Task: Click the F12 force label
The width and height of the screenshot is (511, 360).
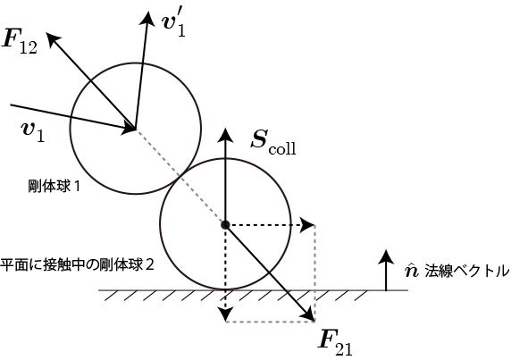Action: pyautogui.click(x=19, y=42)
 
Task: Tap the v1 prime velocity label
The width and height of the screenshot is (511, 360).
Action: pyautogui.click(x=173, y=25)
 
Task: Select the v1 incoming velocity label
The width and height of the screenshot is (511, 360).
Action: pyautogui.click(x=33, y=131)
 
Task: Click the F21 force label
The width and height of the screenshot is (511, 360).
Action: pyautogui.click(x=335, y=343)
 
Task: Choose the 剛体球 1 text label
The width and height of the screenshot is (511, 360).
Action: pyautogui.click(x=54, y=187)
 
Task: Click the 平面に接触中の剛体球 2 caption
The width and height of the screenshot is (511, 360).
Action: pyautogui.click(x=77, y=265)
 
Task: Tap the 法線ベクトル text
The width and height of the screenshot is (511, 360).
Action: pyautogui.click(x=466, y=272)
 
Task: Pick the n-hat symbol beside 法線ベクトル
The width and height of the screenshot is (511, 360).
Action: pyautogui.click(x=411, y=271)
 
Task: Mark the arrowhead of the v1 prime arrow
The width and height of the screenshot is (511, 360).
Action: pyautogui.click(x=148, y=17)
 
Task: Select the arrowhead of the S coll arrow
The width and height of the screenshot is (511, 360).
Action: pyautogui.click(x=225, y=134)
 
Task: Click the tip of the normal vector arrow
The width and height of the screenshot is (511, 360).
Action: pyautogui.click(x=386, y=250)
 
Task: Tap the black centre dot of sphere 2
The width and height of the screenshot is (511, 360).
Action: pyautogui.click(x=225, y=224)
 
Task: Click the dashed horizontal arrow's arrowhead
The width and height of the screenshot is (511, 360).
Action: pyautogui.click(x=308, y=225)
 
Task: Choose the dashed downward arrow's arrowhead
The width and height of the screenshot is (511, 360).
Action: pyautogui.click(x=225, y=315)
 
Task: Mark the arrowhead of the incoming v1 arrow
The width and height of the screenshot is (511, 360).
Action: pyautogui.click(x=130, y=129)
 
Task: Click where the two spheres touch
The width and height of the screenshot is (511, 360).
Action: pyautogui.click(x=180, y=176)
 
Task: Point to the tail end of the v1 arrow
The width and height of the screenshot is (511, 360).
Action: pyautogui.click(x=11, y=105)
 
